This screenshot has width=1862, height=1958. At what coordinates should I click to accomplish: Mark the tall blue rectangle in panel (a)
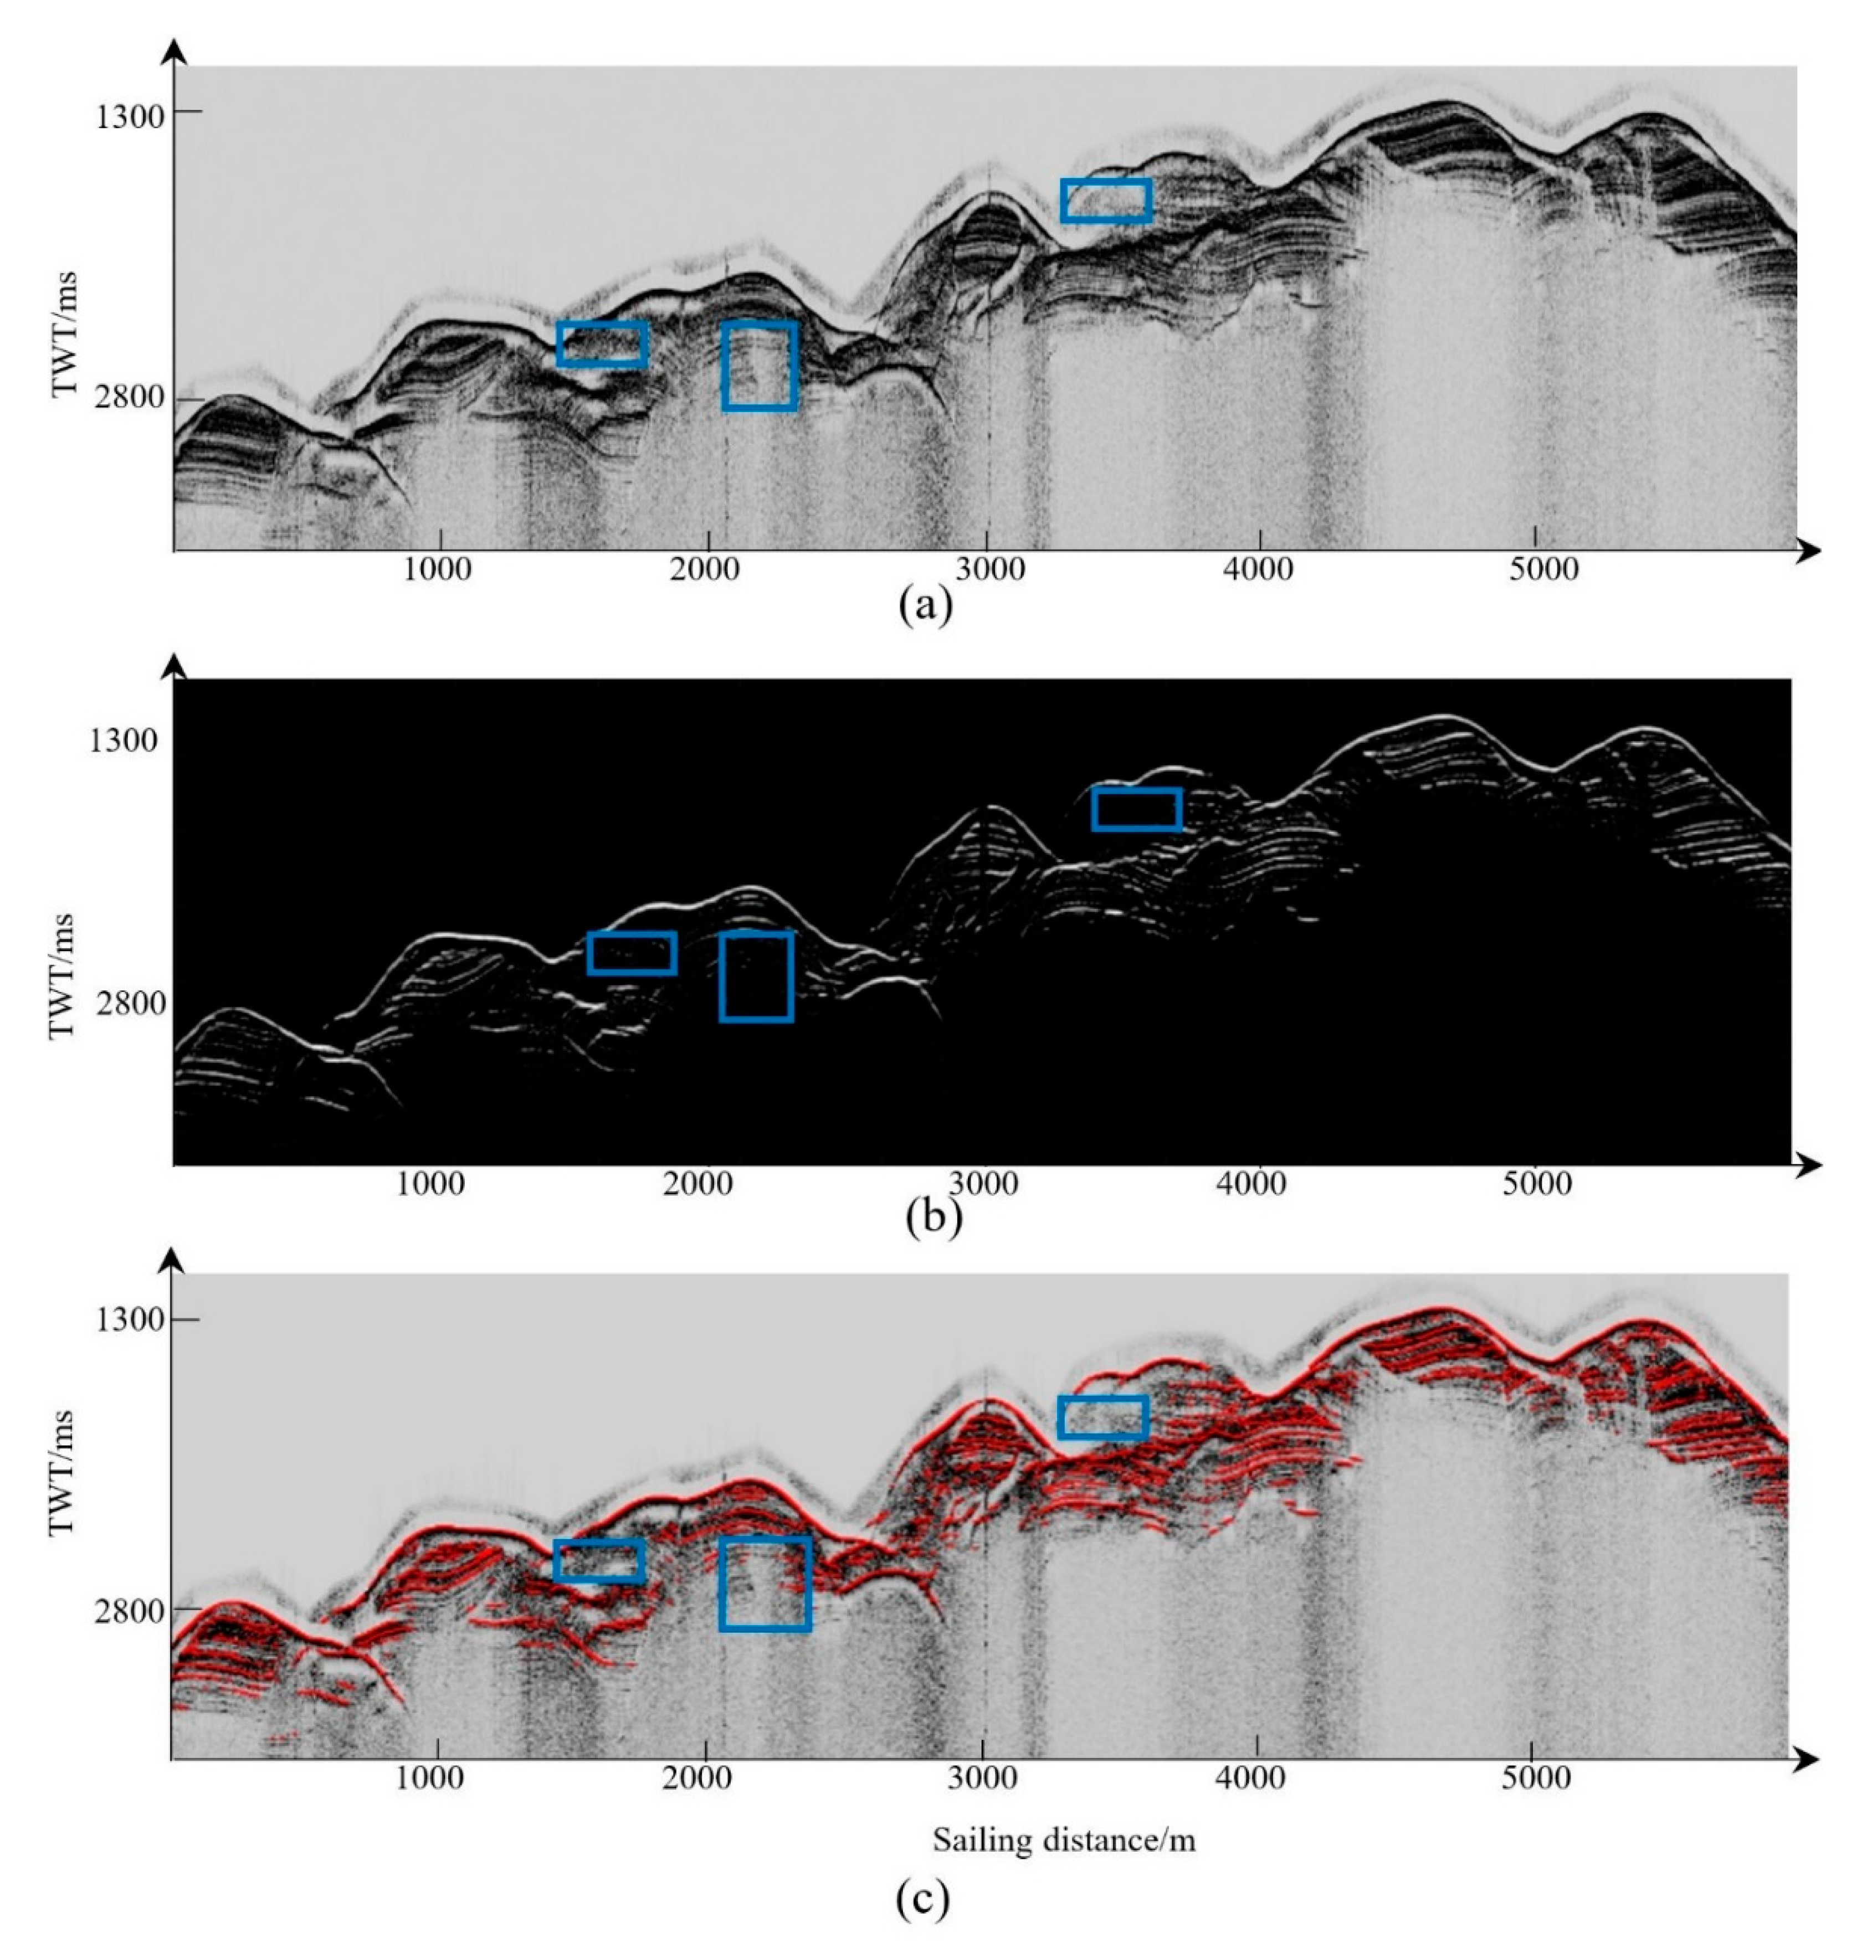click(760, 365)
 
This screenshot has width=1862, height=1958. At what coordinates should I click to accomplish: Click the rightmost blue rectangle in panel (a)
click(1106, 201)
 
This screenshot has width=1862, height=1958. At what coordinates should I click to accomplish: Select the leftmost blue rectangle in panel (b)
click(631, 953)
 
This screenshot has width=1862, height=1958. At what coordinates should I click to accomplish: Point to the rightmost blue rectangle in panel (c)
click(1102, 1417)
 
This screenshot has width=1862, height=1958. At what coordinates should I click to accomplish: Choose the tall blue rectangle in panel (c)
click(765, 1584)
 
